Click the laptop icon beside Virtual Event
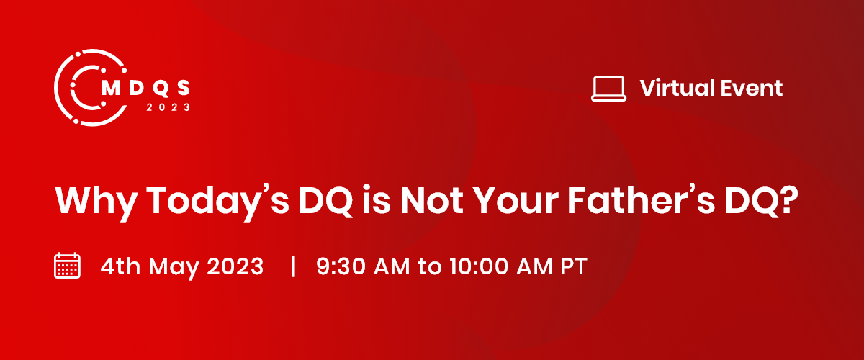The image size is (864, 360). click(x=608, y=89)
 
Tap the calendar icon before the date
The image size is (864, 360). click(x=67, y=266)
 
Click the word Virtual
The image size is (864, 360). click(x=678, y=88)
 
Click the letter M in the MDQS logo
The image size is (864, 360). click(x=111, y=88)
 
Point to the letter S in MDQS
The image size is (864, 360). click(x=184, y=88)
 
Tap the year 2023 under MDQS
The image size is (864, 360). click(x=168, y=107)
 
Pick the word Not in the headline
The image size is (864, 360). click(x=431, y=201)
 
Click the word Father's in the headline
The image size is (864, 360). click(x=642, y=200)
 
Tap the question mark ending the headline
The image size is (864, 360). click(x=788, y=200)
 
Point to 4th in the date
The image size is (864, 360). click(x=120, y=266)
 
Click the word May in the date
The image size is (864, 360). click(x=174, y=267)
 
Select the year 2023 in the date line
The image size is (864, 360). click(x=235, y=266)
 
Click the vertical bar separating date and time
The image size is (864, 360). click(x=293, y=266)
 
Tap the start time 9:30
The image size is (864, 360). click(x=341, y=266)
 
